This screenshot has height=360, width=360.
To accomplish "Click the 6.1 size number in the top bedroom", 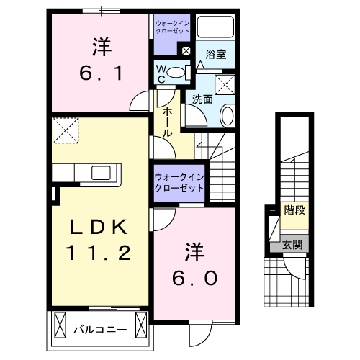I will (101, 73).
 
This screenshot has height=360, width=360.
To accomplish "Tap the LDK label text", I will (101, 228).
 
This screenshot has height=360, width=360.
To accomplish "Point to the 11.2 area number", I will (101, 253).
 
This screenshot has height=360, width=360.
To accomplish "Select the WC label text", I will (163, 74).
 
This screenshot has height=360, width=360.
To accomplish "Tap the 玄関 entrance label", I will (292, 245).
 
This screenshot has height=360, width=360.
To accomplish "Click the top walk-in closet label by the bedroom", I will (171, 28).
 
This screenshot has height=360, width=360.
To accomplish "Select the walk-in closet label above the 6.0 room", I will (178, 181).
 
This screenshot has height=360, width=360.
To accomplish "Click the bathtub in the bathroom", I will (215, 29).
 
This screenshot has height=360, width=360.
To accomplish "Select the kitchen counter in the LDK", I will (86, 173).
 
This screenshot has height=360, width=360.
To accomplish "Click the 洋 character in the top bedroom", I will (101, 47).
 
